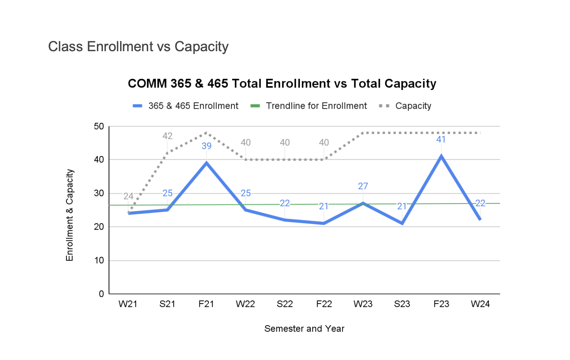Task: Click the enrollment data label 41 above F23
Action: click(441, 140)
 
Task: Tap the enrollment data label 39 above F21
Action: click(207, 146)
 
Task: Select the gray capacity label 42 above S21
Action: click(167, 136)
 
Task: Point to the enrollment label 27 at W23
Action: click(363, 186)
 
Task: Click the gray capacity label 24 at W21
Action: click(128, 196)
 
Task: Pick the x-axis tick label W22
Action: click(245, 304)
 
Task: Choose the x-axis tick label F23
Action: click(441, 304)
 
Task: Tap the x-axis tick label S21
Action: click(167, 304)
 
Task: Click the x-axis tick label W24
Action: click(480, 304)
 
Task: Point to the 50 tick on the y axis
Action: click(99, 127)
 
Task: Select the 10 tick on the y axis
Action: click(99, 260)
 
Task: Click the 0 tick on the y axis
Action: click(101, 294)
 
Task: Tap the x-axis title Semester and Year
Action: click(304, 329)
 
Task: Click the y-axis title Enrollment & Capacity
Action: click(70, 215)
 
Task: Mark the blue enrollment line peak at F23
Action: click(441, 156)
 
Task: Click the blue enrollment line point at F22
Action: click(324, 223)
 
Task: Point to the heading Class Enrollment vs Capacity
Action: click(138, 47)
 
